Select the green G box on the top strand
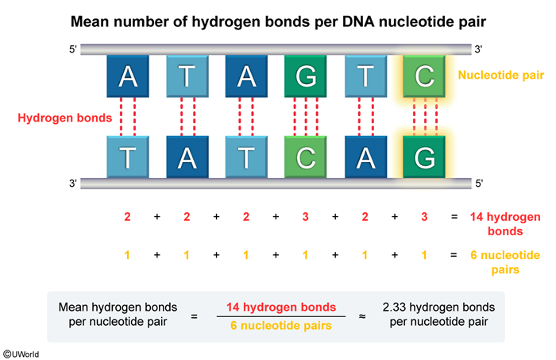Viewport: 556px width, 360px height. point(306,76)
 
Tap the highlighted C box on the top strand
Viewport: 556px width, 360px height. point(424,76)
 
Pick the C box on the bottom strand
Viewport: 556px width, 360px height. point(306,157)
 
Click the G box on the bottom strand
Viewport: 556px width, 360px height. point(424,157)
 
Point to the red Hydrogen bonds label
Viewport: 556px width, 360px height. point(55,117)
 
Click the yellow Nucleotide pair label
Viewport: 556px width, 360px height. point(498,76)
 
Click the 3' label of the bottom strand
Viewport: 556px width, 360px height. point(73,184)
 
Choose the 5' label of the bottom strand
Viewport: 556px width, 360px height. point(479,184)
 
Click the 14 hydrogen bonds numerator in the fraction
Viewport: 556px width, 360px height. point(281,307)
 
